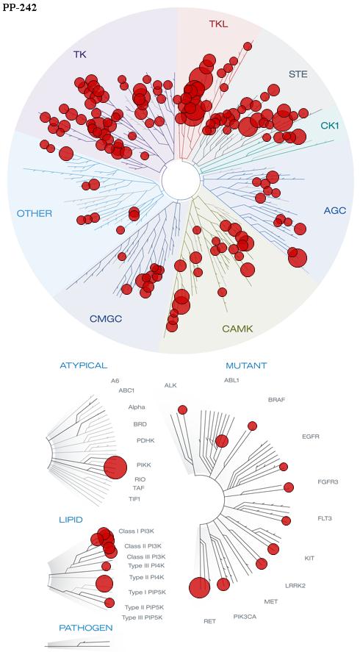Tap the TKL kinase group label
click(218, 24)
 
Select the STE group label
click(298, 75)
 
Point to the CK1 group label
click(330, 125)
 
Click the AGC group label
click(334, 211)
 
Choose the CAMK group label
click(237, 329)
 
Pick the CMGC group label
click(108, 319)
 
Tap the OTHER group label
click(35, 214)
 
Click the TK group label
click(80, 54)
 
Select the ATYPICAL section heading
click(84, 365)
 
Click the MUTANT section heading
click(246, 366)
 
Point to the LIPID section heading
click(71, 520)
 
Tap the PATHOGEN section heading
click(86, 628)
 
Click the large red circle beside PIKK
click(115, 467)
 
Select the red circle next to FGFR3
click(289, 487)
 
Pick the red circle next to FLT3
click(286, 520)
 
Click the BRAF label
click(276, 400)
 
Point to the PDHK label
click(145, 440)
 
